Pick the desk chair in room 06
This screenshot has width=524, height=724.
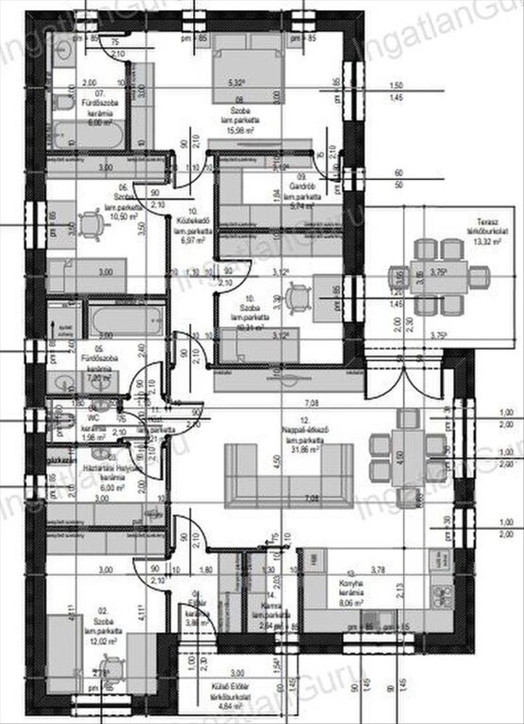91,225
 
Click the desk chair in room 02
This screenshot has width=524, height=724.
112,667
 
